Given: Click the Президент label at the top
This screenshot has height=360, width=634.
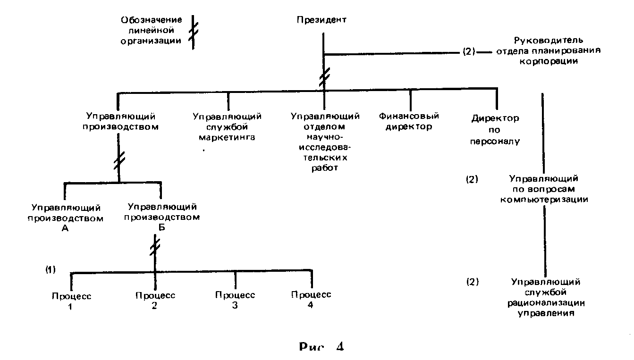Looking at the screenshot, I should tap(321, 20).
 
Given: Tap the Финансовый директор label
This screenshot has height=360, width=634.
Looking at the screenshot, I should tap(409, 121).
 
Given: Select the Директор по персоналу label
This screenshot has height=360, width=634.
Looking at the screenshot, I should tap(495, 129).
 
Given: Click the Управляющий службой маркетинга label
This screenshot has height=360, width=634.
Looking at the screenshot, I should tap(227, 126).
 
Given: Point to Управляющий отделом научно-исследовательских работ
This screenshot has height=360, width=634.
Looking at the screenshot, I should tap(325, 142).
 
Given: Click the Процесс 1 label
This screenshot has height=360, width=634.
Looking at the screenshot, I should tap(71, 301).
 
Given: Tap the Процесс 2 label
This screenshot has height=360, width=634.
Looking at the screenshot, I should tap(155, 301).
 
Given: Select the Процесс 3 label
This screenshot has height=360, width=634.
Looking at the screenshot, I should tap(235, 300).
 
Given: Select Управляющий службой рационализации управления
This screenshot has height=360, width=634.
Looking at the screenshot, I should tap(546, 297).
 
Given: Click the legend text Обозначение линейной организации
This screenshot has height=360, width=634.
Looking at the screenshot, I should tap(151, 30).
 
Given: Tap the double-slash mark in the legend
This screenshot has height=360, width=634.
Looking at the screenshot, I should tap(193, 32).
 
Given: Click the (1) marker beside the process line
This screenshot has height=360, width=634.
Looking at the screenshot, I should tap(51, 270).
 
